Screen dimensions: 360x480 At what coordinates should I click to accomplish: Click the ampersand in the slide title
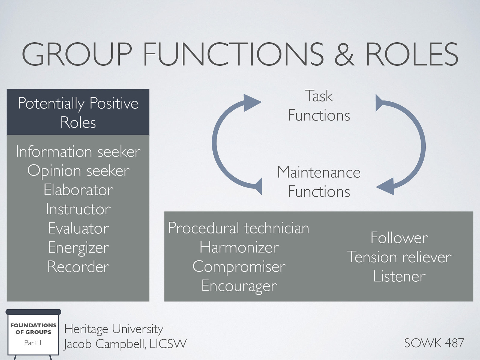(344, 54)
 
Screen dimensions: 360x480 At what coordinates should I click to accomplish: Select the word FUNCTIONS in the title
(233, 54)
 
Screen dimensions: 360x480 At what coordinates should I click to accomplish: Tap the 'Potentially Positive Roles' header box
(78, 112)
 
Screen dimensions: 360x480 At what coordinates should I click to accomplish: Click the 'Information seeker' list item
(78, 151)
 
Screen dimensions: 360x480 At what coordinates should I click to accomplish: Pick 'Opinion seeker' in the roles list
(78, 171)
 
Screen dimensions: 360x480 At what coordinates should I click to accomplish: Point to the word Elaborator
(78, 190)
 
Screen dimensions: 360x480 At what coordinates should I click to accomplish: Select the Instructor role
(78, 209)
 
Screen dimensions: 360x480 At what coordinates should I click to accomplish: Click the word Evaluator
(78, 228)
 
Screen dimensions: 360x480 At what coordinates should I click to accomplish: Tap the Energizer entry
(78, 248)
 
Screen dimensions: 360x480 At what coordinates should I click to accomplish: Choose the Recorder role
(78, 267)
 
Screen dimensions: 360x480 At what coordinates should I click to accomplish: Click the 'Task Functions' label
(319, 106)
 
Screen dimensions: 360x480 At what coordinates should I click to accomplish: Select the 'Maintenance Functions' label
(319, 182)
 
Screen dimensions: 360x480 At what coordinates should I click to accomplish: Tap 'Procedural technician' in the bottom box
(238, 228)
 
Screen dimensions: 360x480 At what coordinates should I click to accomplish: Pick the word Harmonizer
(239, 247)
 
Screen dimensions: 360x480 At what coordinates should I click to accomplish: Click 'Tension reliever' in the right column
(399, 257)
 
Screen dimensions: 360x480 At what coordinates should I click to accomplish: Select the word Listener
(399, 276)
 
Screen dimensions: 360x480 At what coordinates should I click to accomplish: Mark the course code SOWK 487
(434, 343)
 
